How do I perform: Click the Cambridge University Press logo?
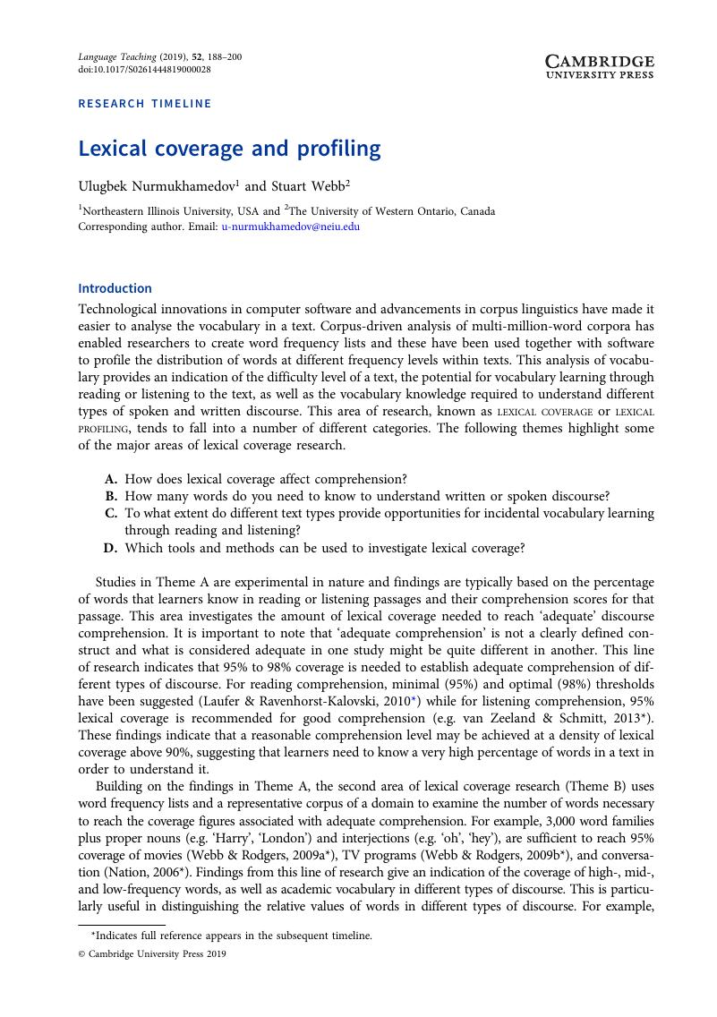click(x=600, y=65)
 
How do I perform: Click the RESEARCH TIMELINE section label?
click(x=145, y=103)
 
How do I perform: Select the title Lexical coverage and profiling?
click(x=229, y=148)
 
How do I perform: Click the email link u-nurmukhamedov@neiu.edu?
click(x=291, y=226)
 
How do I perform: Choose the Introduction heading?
click(x=115, y=288)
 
